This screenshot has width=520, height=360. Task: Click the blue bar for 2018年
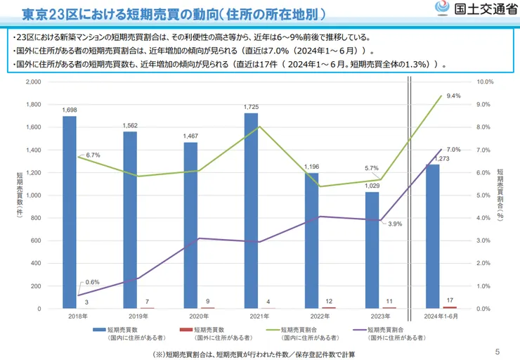point(69,212)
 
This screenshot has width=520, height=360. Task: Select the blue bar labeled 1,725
point(250,210)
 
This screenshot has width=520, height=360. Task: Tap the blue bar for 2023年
point(372,250)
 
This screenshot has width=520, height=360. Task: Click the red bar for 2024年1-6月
point(449,307)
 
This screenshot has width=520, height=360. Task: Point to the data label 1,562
point(130,125)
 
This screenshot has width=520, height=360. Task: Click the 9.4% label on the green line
point(453,96)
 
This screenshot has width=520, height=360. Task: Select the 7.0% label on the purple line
point(453,150)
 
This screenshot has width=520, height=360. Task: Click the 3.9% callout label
point(395,224)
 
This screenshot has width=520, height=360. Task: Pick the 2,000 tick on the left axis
point(33,82)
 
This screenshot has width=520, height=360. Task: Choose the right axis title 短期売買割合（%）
point(500,195)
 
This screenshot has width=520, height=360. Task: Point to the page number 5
point(498,352)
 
